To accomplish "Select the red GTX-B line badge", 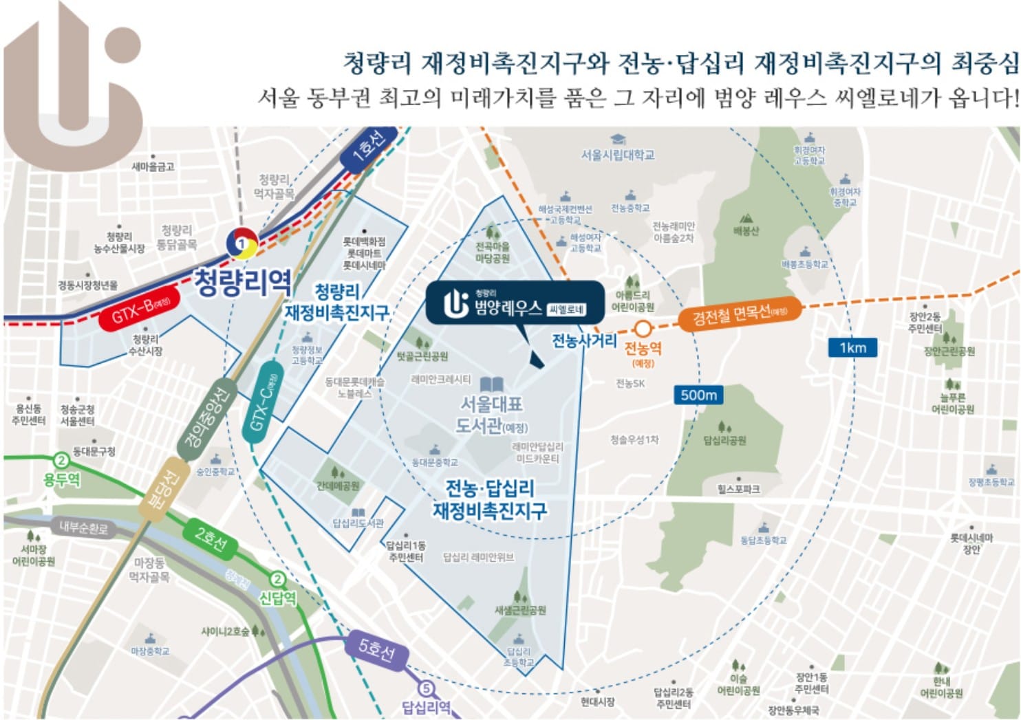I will click(140, 313).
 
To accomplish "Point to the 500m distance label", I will click(698, 395).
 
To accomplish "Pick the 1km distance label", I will click(852, 347).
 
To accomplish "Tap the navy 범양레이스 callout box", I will click(515, 303).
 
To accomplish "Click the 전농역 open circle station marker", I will click(643, 329).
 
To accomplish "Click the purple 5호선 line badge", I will click(377, 649).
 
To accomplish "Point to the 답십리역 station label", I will click(427, 707).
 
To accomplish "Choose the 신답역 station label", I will click(277, 598).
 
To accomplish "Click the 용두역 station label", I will click(62, 479).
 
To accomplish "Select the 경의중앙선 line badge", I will click(206, 419).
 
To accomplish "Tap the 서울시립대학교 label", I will click(617, 155).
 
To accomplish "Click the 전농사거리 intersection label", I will click(583, 340).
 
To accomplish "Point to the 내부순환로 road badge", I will click(83, 528).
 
